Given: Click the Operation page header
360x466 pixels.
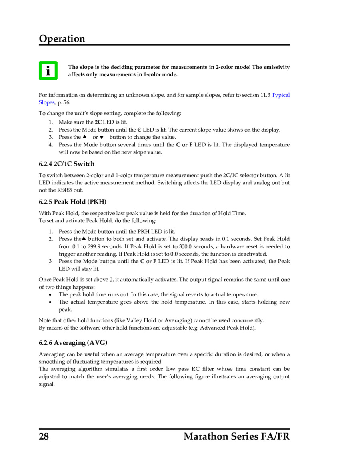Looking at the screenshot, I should (62, 39).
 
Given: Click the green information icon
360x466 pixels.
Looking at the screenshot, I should (48, 70).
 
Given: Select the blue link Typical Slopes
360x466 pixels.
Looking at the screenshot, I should (280, 95).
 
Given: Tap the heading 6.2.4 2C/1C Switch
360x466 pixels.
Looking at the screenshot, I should (66, 164).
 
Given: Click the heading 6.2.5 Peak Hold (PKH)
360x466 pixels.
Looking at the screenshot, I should (72, 202).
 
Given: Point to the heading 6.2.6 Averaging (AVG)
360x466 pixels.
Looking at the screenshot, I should (73, 343).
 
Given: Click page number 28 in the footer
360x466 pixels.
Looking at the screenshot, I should (44, 436).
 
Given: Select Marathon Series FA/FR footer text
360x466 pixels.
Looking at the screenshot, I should (236, 436).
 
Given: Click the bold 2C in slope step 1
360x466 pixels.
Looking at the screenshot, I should (98, 122).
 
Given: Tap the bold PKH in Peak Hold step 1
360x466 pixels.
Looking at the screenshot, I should (143, 232).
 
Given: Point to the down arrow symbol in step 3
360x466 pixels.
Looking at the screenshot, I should (102, 137).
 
